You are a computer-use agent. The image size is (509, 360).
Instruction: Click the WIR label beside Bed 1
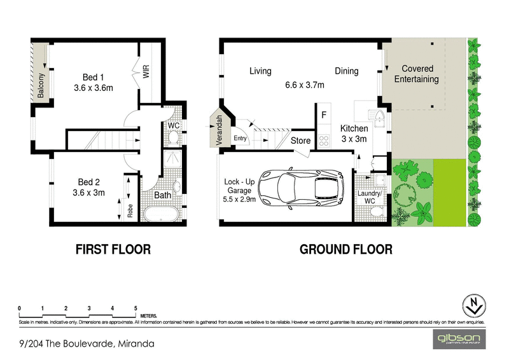tap(146, 71)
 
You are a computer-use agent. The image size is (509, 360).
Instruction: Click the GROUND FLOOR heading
tap(346, 249)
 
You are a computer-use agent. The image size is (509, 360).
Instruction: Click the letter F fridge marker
tap(324, 116)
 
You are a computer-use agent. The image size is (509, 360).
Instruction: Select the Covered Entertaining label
tap(417, 74)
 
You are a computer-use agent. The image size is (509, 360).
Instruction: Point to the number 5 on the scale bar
tap(136, 308)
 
